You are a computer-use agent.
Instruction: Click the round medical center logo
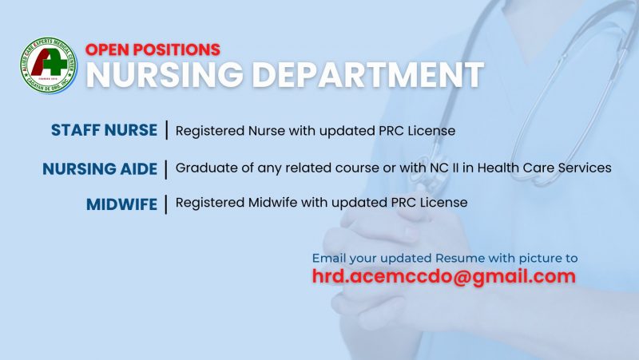(x=49, y=65)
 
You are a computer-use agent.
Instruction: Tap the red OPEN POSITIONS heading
(x=153, y=49)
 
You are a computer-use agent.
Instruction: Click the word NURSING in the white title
(x=165, y=75)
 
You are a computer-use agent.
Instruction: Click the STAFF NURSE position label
(x=104, y=130)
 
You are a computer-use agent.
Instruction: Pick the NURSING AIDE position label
(x=100, y=169)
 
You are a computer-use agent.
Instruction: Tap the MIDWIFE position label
(x=122, y=204)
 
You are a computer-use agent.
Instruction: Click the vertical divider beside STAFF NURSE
(x=167, y=130)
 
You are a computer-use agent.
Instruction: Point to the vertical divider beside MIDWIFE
(x=166, y=204)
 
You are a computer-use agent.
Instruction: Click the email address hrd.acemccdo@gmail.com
(x=444, y=276)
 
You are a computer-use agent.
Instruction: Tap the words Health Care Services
(x=544, y=168)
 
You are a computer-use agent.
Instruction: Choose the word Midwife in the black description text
(x=272, y=203)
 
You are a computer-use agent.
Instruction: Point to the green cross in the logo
(x=55, y=63)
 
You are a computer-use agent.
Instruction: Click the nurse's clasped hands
(x=391, y=261)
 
